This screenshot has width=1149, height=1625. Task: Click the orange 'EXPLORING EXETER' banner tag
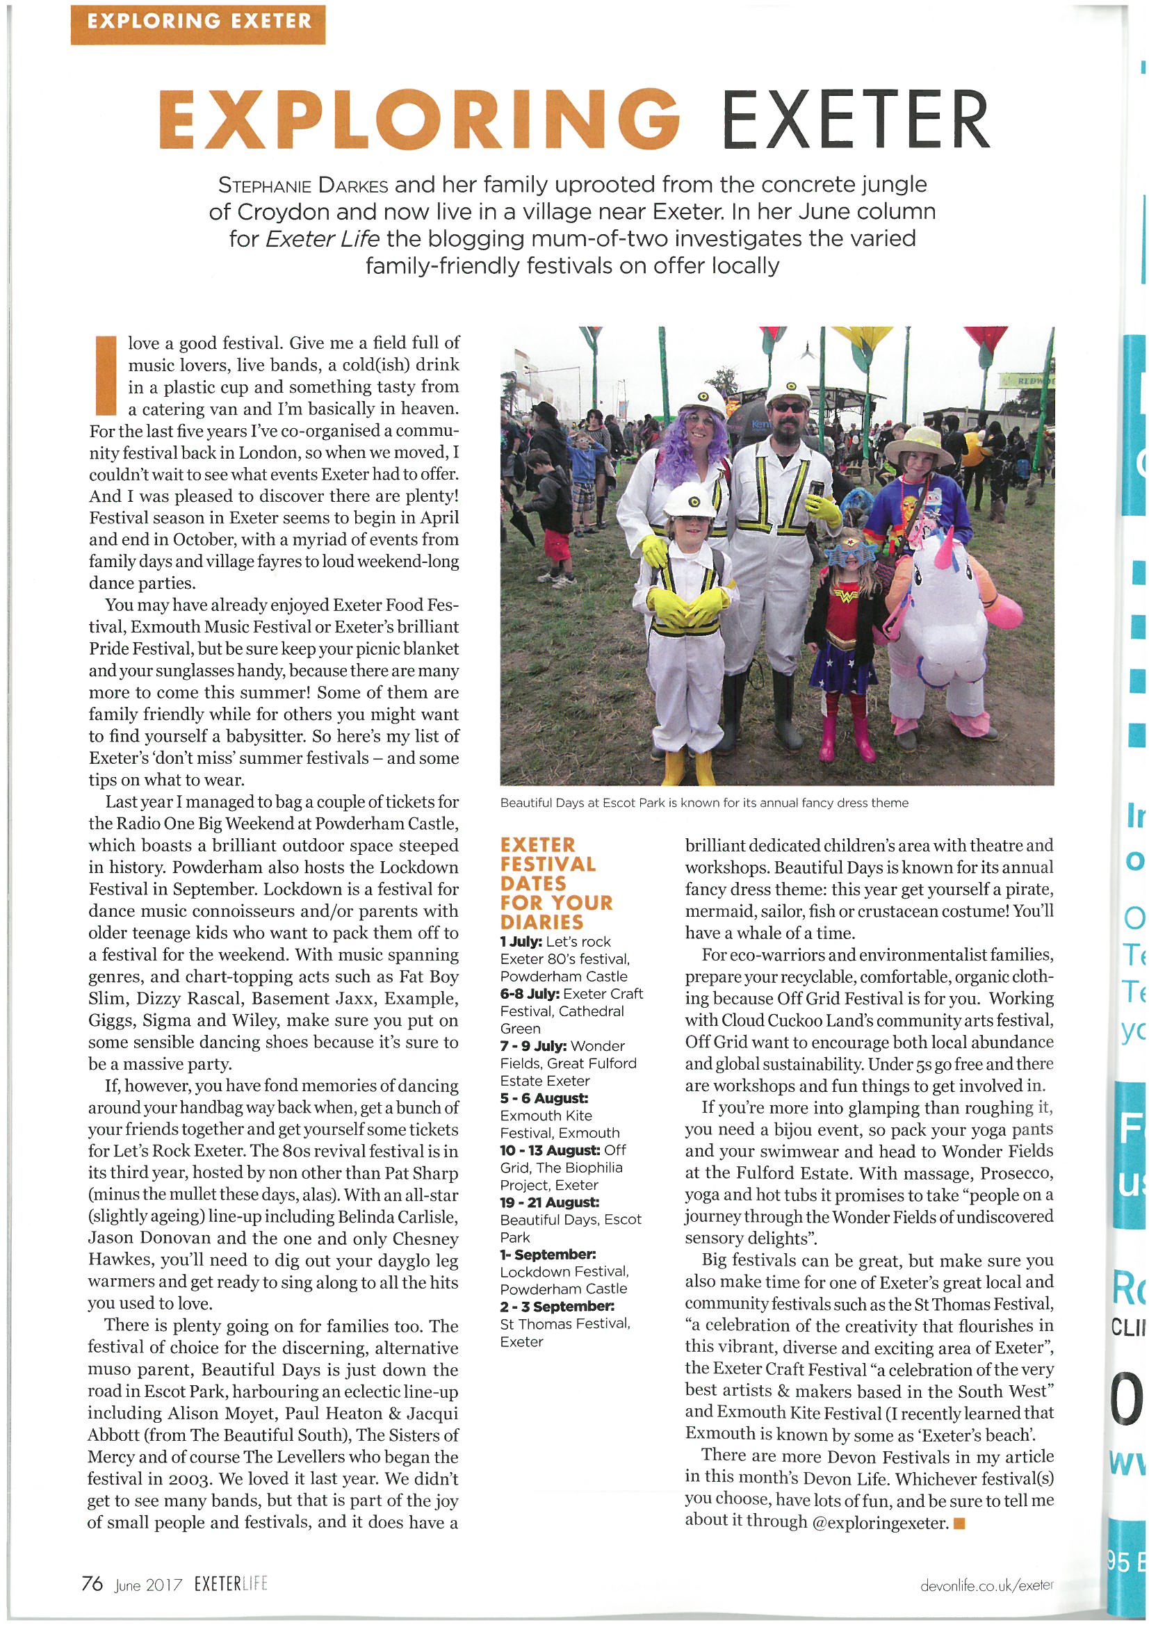click(x=197, y=24)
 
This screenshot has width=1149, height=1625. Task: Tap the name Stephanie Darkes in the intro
click(x=303, y=186)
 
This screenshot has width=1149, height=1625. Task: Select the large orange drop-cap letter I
click(x=106, y=375)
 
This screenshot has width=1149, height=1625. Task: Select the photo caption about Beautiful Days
click(x=703, y=803)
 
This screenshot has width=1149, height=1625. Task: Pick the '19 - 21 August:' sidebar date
click(x=549, y=1202)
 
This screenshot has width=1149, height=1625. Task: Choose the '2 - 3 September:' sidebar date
click(x=557, y=1306)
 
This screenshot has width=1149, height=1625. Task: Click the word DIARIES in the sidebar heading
click(x=541, y=922)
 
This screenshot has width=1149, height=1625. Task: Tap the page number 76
click(x=92, y=1583)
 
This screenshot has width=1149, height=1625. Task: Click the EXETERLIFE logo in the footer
click(x=231, y=1584)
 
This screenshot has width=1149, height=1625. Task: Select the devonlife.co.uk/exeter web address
click(x=986, y=1585)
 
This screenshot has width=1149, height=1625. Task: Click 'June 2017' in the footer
click(x=148, y=1585)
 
